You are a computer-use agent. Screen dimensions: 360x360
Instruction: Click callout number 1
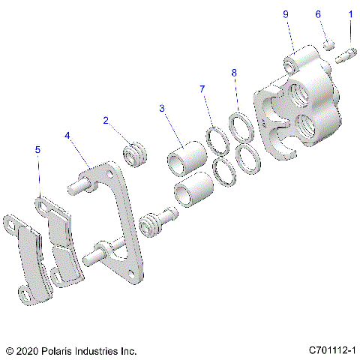pos(349,14)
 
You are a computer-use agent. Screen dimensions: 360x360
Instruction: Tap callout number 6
pos(317,14)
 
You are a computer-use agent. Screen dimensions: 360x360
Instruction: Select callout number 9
pos(285,14)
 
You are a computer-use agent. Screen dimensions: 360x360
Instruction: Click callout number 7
pos(202,90)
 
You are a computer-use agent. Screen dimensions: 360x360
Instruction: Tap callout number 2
pos(106,120)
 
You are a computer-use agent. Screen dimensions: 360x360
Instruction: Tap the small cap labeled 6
pos(328,46)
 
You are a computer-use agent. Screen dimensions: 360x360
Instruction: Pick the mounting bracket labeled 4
pos(120,225)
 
